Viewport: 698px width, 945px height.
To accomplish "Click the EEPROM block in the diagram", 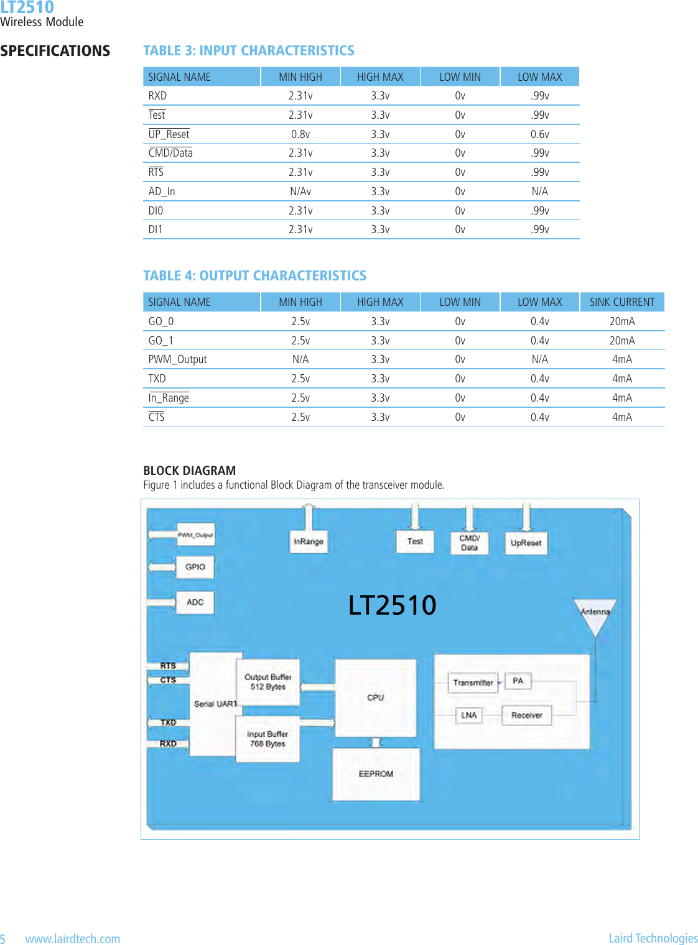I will tap(376, 774).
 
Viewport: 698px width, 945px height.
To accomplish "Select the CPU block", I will tap(375, 698).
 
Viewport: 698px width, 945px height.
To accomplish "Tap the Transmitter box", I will tap(473, 683).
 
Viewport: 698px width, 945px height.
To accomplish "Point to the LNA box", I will tap(468, 716).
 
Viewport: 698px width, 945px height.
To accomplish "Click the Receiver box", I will tap(526, 716).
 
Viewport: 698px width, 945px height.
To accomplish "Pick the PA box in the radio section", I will tap(518, 681).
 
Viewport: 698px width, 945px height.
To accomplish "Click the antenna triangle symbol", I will tap(595, 615).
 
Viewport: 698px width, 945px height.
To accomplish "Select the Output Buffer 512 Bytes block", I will tap(268, 682).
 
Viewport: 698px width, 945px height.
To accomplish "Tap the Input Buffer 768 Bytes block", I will tap(268, 739).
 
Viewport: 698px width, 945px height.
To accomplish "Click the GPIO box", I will tap(195, 567).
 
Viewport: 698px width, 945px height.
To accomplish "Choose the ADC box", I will tap(195, 602).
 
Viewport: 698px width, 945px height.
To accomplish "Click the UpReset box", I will tap(526, 543).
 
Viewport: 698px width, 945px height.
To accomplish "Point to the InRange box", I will tap(309, 542).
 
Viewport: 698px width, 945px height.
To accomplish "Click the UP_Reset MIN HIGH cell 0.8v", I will tap(300, 134).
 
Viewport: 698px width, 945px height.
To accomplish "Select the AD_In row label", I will tap(162, 191).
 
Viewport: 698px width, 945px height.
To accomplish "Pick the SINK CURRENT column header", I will tap(622, 302).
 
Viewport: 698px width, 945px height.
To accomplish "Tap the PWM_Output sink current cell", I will tap(622, 359).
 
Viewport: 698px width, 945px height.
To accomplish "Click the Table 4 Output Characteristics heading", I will tap(255, 275).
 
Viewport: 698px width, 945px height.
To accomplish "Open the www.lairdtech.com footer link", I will tap(73, 939).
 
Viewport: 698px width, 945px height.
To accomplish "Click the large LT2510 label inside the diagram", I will tap(392, 605).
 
